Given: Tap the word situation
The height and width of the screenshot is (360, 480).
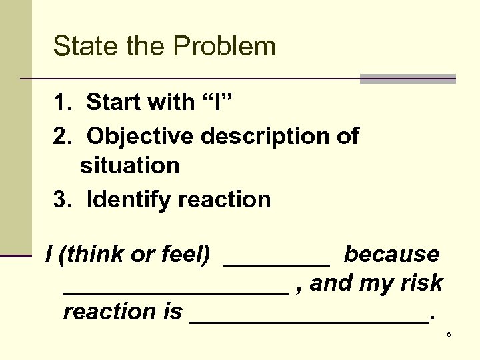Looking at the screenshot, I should (130, 165).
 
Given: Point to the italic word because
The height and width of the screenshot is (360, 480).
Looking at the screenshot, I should (391, 254).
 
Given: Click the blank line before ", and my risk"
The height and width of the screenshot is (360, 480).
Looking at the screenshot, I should (176, 292).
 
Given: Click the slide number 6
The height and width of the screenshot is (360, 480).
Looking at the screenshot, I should (449, 334).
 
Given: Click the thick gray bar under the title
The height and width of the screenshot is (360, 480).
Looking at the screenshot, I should (407, 79).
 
